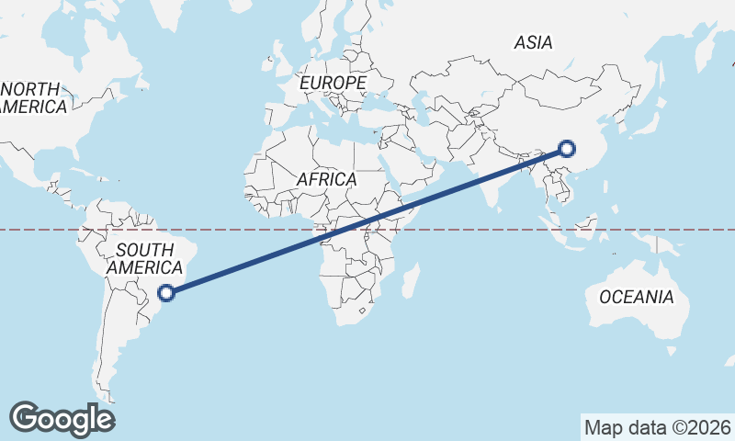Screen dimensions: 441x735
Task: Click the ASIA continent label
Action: click(x=533, y=42)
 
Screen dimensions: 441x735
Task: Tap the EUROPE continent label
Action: click(x=333, y=84)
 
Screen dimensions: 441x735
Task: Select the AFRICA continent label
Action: click(x=326, y=179)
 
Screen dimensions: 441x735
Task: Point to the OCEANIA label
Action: click(x=636, y=297)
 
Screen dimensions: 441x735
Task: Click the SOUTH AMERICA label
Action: click(x=144, y=258)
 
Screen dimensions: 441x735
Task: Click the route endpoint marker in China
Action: click(x=567, y=149)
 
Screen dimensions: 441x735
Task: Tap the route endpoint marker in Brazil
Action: click(x=166, y=293)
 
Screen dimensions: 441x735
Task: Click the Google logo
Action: click(x=62, y=418)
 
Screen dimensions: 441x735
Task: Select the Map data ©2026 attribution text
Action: click(x=658, y=427)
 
